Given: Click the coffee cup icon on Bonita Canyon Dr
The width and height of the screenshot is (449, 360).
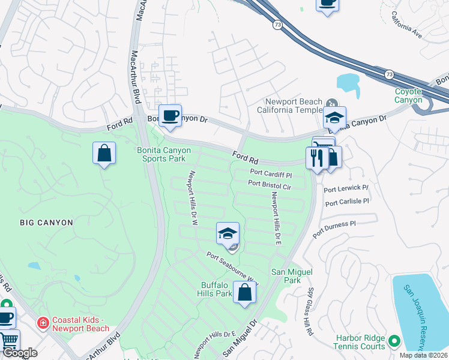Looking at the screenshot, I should (x=170, y=115).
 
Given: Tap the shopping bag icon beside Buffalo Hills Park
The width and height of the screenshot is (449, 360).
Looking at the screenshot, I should (x=245, y=293).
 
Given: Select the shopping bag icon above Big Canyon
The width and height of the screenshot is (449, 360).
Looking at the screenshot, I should (x=104, y=152).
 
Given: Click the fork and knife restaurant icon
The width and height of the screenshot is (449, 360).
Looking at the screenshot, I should (x=316, y=158).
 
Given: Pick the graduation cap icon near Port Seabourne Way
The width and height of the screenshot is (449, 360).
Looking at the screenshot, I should (x=228, y=233).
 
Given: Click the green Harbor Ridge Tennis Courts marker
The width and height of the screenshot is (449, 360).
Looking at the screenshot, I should (x=394, y=341).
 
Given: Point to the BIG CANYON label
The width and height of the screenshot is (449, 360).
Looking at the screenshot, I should (x=46, y=223).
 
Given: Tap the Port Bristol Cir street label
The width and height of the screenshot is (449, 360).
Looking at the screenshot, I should (x=269, y=185).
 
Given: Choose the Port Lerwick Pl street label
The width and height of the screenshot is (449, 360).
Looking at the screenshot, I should (x=345, y=189).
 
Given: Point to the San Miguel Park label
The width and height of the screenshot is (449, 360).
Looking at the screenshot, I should (x=292, y=276).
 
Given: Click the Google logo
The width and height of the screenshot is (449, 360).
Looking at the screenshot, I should (x=20, y=353).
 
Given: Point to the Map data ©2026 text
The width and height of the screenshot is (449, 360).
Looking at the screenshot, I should (x=424, y=355).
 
